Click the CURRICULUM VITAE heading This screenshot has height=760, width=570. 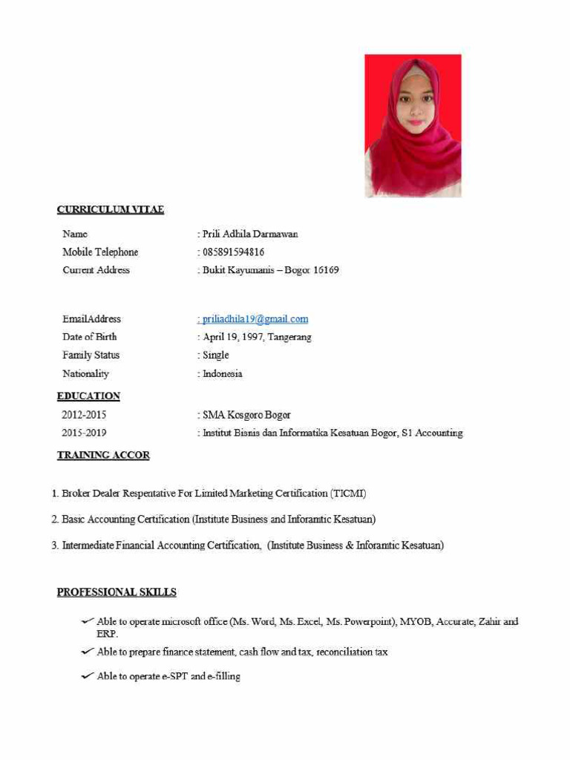[x=111, y=210]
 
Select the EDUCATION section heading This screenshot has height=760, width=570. [x=88, y=396]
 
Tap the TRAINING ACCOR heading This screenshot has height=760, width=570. [x=103, y=455]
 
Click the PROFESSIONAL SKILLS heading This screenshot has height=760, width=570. [x=117, y=592]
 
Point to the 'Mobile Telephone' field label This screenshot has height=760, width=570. [x=100, y=252]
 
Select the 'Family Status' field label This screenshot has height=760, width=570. [x=91, y=356]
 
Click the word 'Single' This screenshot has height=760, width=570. [x=216, y=356]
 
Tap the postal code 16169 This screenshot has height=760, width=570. [x=325, y=270]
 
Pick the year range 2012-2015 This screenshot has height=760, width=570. [x=84, y=415]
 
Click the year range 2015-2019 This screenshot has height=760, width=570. [x=84, y=433]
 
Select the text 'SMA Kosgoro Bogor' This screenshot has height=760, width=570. [x=246, y=415]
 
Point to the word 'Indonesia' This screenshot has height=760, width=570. [x=223, y=374]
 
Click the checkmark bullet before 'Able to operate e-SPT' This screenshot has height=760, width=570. [x=87, y=676]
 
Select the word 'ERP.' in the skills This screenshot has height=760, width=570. [x=108, y=635]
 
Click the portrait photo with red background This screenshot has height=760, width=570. [x=413, y=125]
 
